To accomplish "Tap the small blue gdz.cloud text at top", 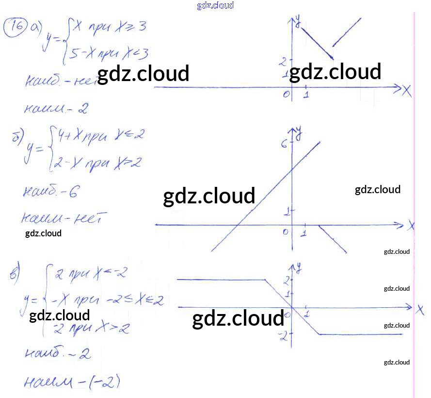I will pos(215,5).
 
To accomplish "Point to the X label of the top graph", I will pos(406,90).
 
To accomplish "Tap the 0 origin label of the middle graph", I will pos(286,232).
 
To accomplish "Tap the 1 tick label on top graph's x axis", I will pos(306,95).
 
